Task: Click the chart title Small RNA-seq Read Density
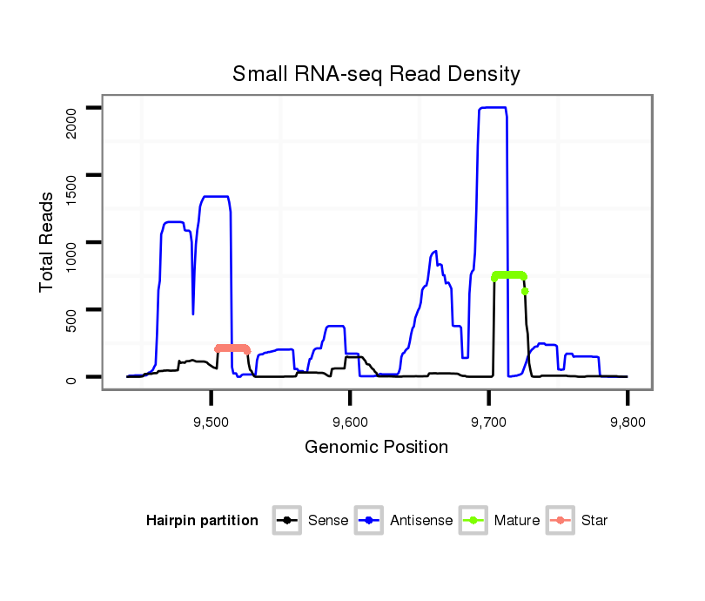pos(376,74)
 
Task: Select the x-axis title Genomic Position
pos(376,448)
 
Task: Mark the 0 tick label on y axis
pos(72,377)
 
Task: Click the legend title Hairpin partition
pos(202,521)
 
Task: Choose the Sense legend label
pos(328,521)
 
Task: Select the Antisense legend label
pos(421,521)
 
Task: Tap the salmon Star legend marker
pos(561,521)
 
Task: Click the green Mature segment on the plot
pos(509,275)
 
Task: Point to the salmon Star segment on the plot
pos(232,348)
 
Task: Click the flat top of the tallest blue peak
pos(493,108)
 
